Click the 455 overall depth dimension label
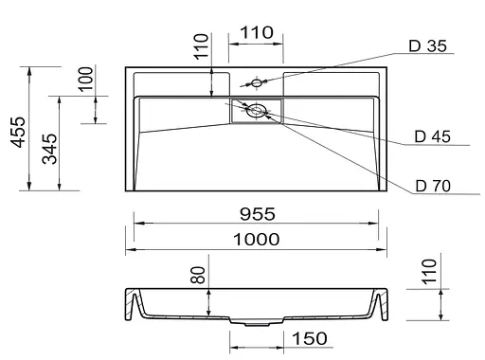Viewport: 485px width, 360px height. click(x=18, y=132)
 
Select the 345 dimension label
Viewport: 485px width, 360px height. click(x=49, y=149)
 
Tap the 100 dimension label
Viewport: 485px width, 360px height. click(x=85, y=79)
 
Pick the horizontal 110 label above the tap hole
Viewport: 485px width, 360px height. click(x=257, y=32)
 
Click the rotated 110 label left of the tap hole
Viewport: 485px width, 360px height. click(x=201, y=46)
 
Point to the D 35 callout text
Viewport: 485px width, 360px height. click(x=427, y=46)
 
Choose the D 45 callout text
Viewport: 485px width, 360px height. click(x=432, y=136)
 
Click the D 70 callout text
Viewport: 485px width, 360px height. click(x=433, y=186)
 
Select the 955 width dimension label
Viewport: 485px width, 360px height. click(x=258, y=214)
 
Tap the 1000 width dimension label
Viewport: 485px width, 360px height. click(x=256, y=240)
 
